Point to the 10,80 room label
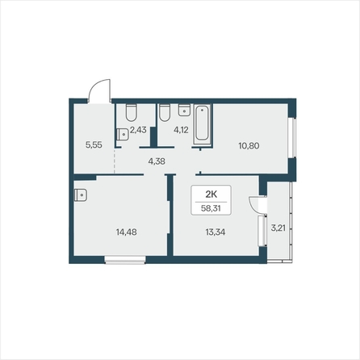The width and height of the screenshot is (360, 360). pos(249,146)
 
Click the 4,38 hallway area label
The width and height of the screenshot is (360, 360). pos(156,161)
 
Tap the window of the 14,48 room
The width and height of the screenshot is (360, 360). pos(126,259)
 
